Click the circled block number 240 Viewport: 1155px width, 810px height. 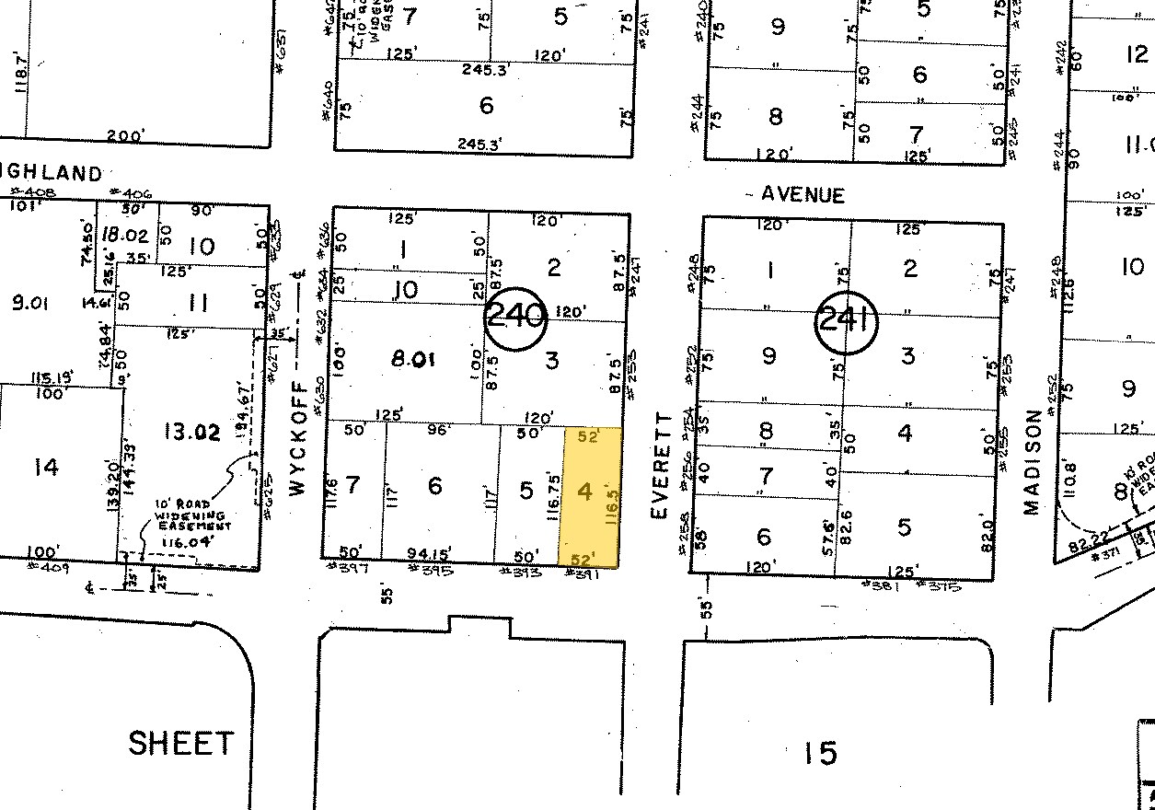pyautogui.click(x=515, y=318)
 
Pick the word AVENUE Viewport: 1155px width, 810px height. pyautogui.click(x=803, y=194)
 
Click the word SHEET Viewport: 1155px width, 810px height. pyautogui.click(x=180, y=743)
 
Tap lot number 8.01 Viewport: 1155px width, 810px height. pyautogui.click(x=412, y=359)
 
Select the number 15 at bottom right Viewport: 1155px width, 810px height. pyautogui.click(x=818, y=754)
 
